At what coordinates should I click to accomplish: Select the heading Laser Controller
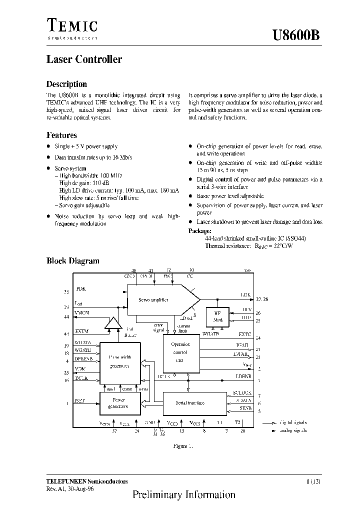pos(84,59)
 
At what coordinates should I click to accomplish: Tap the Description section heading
pos(66,84)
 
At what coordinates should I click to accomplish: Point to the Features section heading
pos(61,135)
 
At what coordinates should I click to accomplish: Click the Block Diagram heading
pos(73,260)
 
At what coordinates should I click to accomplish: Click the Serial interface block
pos(190,403)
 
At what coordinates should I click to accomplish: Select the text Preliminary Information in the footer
pos(183,495)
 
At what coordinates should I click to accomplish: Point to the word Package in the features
pos(200,231)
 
